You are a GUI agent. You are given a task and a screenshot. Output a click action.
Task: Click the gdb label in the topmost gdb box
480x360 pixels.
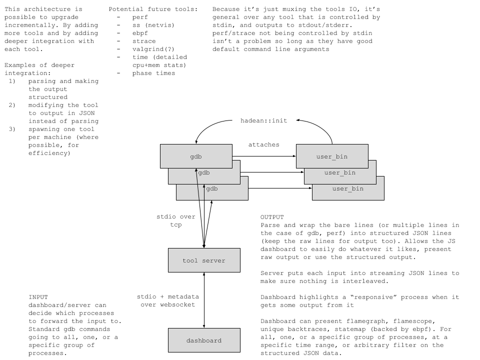pyautogui.click(x=196, y=157)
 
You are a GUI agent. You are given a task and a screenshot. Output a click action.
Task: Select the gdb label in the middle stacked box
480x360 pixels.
pyautogui.click(x=204, y=173)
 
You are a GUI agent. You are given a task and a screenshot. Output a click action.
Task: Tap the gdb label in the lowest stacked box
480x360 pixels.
pyautogui.click(x=212, y=189)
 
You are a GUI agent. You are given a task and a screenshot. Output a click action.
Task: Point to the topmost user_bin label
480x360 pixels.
pyautogui.click(x=332, y=157)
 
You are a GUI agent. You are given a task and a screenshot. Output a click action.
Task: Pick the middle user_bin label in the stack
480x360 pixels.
pyautogui.click(x=340, y=173)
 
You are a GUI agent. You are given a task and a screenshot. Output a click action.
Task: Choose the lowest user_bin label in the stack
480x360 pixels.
pyautogui.click(x=348, y=189)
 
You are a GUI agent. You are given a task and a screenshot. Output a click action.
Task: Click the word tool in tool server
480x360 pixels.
pyautogui.click(x=190, y=260)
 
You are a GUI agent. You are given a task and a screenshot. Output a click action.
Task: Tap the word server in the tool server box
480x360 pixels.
pyautogui.click(x=213, y=260)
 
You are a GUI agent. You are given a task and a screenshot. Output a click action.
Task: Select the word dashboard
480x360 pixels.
pyautogui.click(x=204, y=341)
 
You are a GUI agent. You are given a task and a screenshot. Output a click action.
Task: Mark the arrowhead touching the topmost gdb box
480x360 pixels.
pyautogui.click(x=196, y=170)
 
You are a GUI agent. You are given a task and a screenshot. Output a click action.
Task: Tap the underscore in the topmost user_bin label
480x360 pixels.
pyautogui.click(x=332, y=159)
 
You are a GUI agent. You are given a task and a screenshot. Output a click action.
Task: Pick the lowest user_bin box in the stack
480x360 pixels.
pyautogui.click(x=370, y=195)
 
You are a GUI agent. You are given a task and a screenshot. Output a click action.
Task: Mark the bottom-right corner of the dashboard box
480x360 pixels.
pyautogui.click(x=240, y=352)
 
